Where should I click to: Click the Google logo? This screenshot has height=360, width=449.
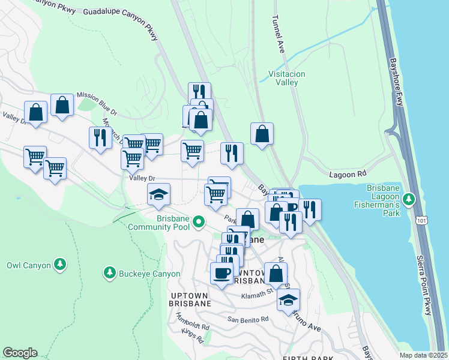pyautogui.click(x=20, y=353)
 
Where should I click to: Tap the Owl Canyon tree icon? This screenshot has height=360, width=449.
pyautogui.click(x=59, y=265)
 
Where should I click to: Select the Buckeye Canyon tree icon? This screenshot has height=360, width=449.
pyautogui.click(x=109, y=274)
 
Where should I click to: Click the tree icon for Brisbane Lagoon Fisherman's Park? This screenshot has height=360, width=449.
pyautogui.click(x=409, y=198)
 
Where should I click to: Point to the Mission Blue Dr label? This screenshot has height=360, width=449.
pyautogui.click(x=97, y=103)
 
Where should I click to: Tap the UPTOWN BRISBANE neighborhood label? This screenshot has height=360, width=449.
pyautogui.click(x=182, y=299)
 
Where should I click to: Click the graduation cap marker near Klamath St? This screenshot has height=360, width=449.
pyautogui.click(x=288, y=299)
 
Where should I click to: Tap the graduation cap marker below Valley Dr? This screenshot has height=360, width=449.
pyautogui.click(x=158, y=194)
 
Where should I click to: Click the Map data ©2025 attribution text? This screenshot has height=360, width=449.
pyautogui.click(x=423, y=355)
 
